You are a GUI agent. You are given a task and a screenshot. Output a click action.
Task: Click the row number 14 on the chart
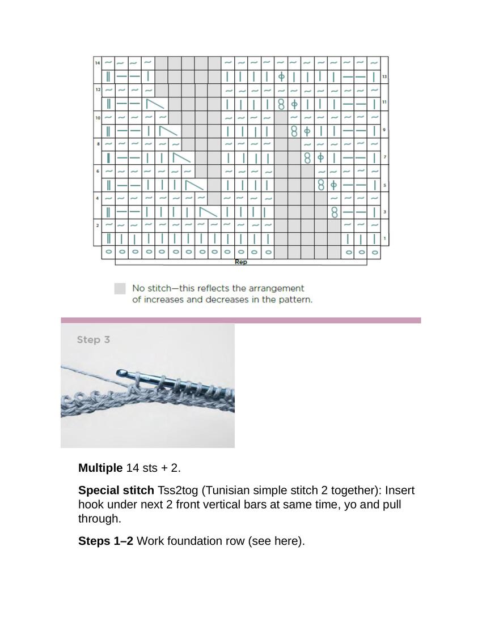point(97,62)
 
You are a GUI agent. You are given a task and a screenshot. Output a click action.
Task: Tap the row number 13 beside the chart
point(384,76)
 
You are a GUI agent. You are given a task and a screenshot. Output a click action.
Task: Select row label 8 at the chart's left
point(97,144)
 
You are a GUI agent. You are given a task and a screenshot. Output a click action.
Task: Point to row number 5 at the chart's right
point(384,185)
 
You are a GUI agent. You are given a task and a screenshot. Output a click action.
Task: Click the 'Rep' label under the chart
point(241,262)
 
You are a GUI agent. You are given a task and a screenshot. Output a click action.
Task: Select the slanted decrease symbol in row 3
point(208,212)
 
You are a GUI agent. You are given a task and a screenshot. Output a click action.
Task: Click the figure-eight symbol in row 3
point(335,212)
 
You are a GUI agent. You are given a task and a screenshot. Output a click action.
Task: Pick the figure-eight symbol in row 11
point(281,104)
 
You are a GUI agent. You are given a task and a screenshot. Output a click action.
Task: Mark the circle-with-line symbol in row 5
point(334,185)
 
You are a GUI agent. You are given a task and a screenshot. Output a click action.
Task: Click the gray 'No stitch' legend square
point(120,288)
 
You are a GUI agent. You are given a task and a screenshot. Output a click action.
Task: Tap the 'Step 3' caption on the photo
point(88,340)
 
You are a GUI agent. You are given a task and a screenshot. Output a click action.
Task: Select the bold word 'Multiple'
point(100,468)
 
